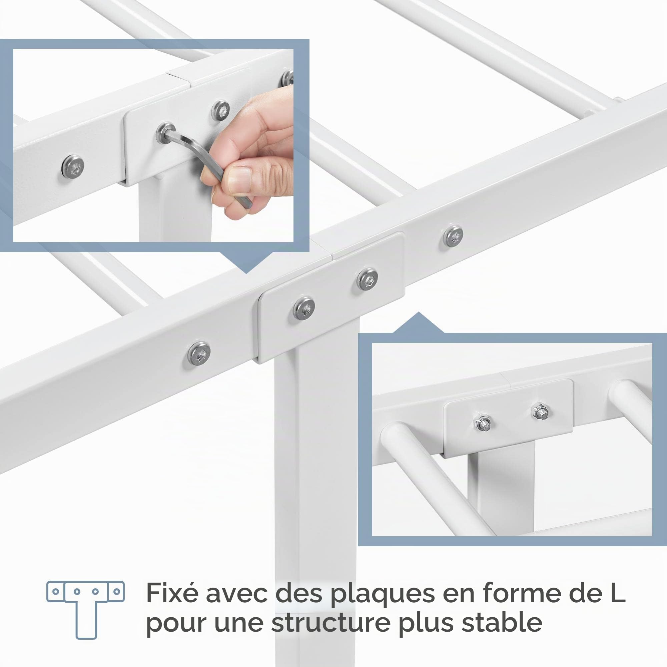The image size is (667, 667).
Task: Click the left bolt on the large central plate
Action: pos(304,307)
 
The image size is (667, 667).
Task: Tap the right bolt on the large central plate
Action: pos(367,279)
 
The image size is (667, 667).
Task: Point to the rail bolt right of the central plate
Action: pos(453,236)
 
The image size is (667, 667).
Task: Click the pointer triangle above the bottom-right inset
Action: pos(419,323)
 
